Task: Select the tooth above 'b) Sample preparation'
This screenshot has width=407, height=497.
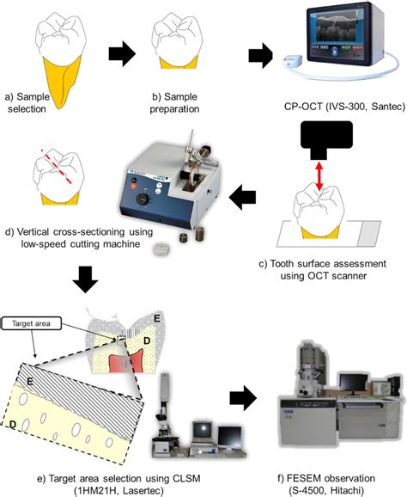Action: (179, 43)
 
